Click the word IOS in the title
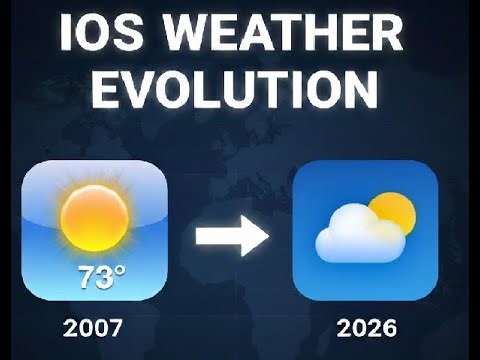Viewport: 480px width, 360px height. tap(103, 36)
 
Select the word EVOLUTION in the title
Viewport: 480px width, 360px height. tap(238, 91)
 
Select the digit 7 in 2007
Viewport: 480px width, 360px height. tap(121, 326)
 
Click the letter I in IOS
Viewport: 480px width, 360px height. tap(67, 36)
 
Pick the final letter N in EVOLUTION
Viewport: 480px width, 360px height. tap(360, 91)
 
